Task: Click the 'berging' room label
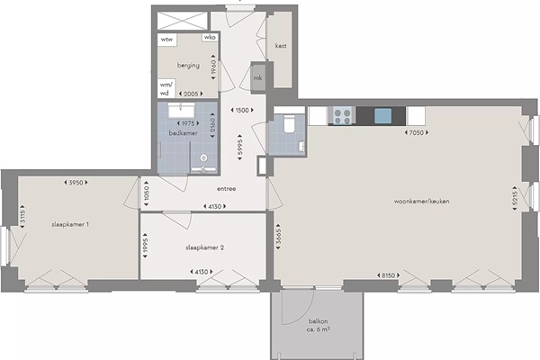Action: [188, 65]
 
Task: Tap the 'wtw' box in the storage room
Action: [167, 40]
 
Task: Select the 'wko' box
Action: [210, 37]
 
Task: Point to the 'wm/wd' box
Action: [166, 89]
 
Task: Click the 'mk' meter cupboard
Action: [258, 78]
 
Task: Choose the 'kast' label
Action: [281, 46]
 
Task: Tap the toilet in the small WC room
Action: [289, 123]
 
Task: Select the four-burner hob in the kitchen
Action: [342, 116]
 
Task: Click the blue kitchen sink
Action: [383, 116]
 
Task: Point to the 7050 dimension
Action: [417, 132]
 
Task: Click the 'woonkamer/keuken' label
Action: [421, 202]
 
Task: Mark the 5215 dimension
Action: [515, 199]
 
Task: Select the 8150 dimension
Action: [388, 275]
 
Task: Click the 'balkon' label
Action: [319, 321]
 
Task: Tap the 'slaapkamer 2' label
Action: [205, 247]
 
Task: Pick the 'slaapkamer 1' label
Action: [70, 225]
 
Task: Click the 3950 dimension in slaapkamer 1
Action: [76, 183]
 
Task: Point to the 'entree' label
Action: [227, 189]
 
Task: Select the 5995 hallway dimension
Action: [240, 147]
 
